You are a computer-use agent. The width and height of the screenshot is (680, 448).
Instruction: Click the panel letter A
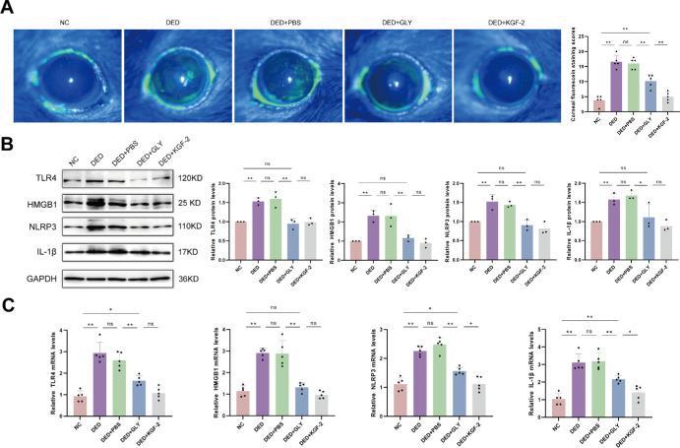(7, 7)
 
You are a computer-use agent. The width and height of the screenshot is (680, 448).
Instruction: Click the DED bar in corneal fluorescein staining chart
(617, 85)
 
